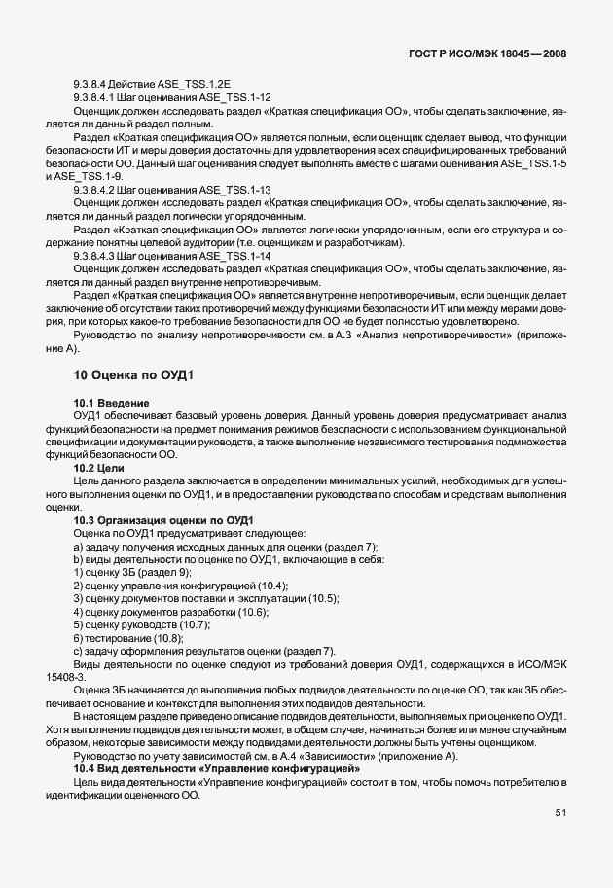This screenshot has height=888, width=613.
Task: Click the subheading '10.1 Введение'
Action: [x=111, y=403]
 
